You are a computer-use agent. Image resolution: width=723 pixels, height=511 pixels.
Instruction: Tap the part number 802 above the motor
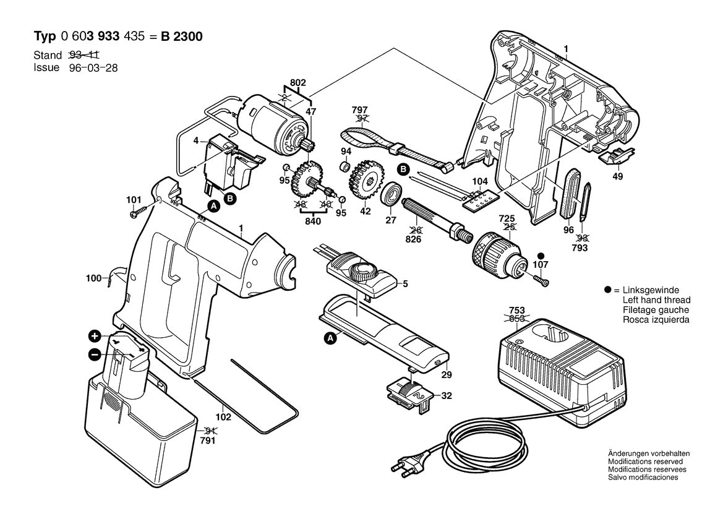tap(297, 82)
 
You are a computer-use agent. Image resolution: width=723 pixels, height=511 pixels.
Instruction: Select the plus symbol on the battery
tap(94, 337)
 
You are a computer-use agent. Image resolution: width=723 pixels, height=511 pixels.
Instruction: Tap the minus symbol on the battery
tap(94, 354)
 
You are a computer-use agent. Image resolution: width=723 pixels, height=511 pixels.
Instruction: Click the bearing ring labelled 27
tap(391, 194)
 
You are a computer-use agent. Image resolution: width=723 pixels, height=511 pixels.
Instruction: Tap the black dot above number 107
tap(542, 255)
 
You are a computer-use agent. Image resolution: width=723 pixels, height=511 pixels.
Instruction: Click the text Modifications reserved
tap(645, 462)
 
